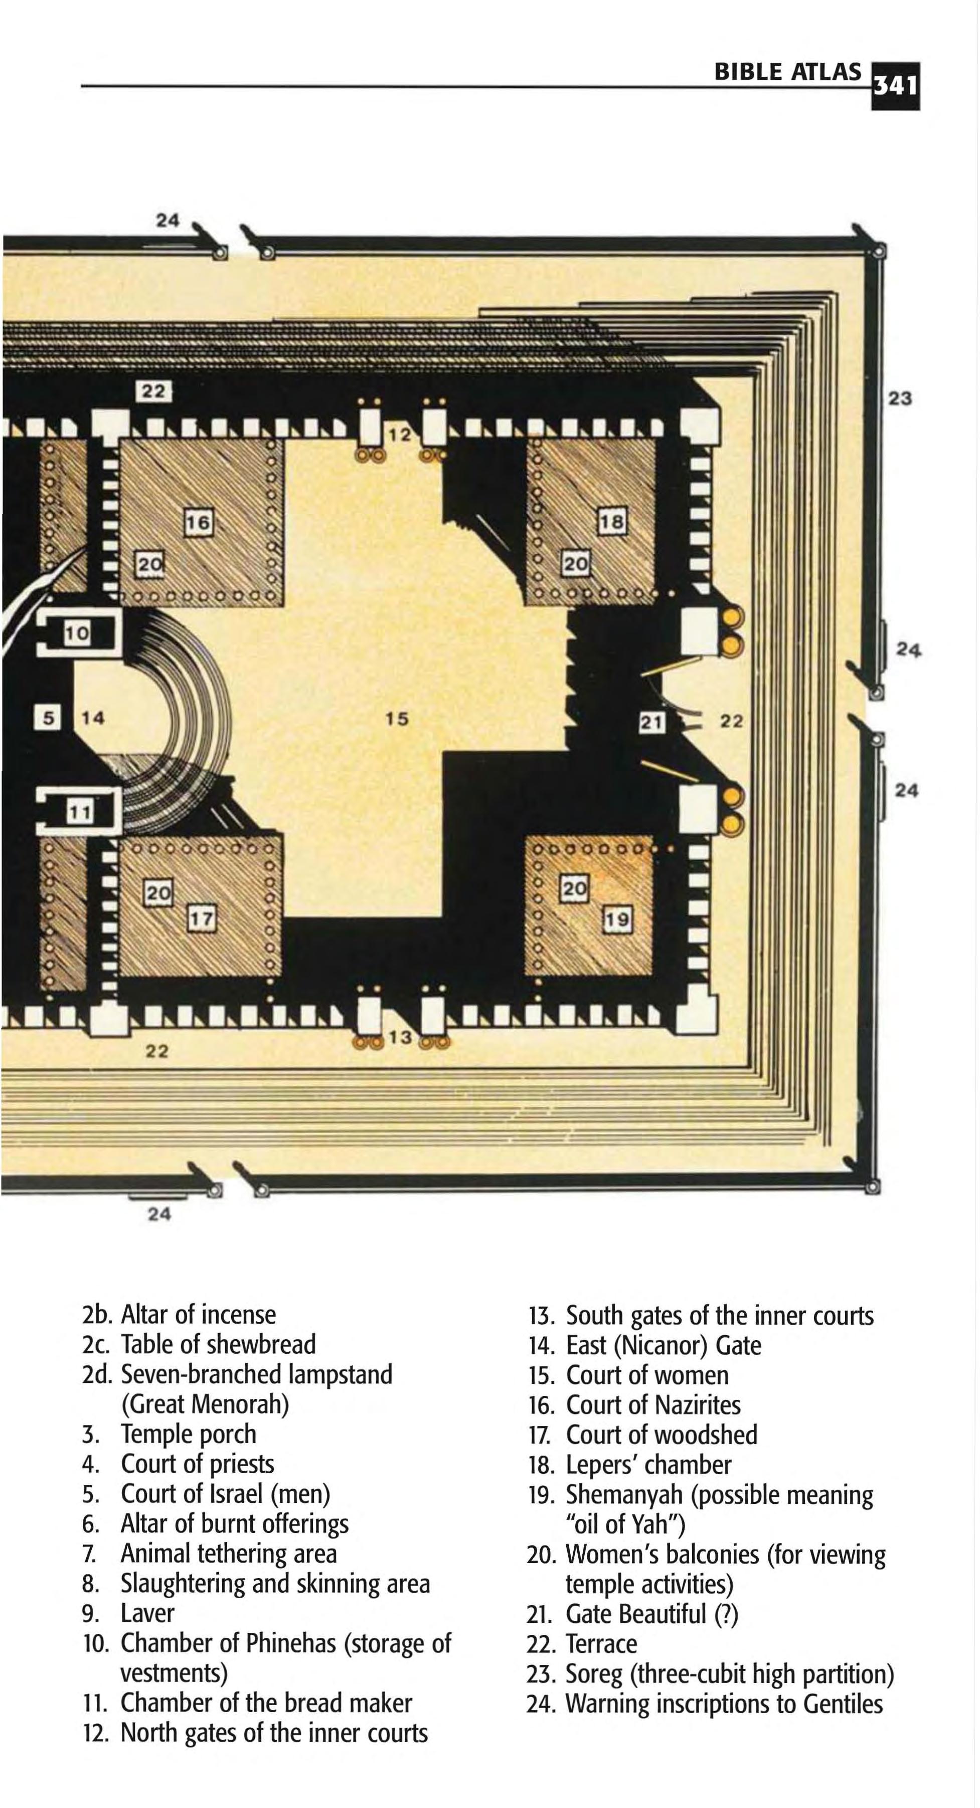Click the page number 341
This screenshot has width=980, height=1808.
click(x=895, y=86)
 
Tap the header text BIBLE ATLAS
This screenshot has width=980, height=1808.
click(x=787, y=72)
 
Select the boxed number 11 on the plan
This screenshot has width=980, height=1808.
click(x=79, y=812)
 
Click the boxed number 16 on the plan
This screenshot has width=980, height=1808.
click(x=198, y=522)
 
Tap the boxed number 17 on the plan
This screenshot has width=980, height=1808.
click(x=201, y=918)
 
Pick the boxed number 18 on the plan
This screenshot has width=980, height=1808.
click(x=611, y=521)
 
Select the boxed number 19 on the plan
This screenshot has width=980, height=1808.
click(x=617, y=919)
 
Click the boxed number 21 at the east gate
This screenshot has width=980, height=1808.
click(x=651, y=721)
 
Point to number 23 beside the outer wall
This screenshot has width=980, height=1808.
click(x=900, y=398)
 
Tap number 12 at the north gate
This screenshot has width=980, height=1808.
click(x=400, y=435)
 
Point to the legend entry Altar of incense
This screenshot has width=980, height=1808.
click(x=199, y=1314)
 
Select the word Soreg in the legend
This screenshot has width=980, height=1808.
click(x=593, y=1674)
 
